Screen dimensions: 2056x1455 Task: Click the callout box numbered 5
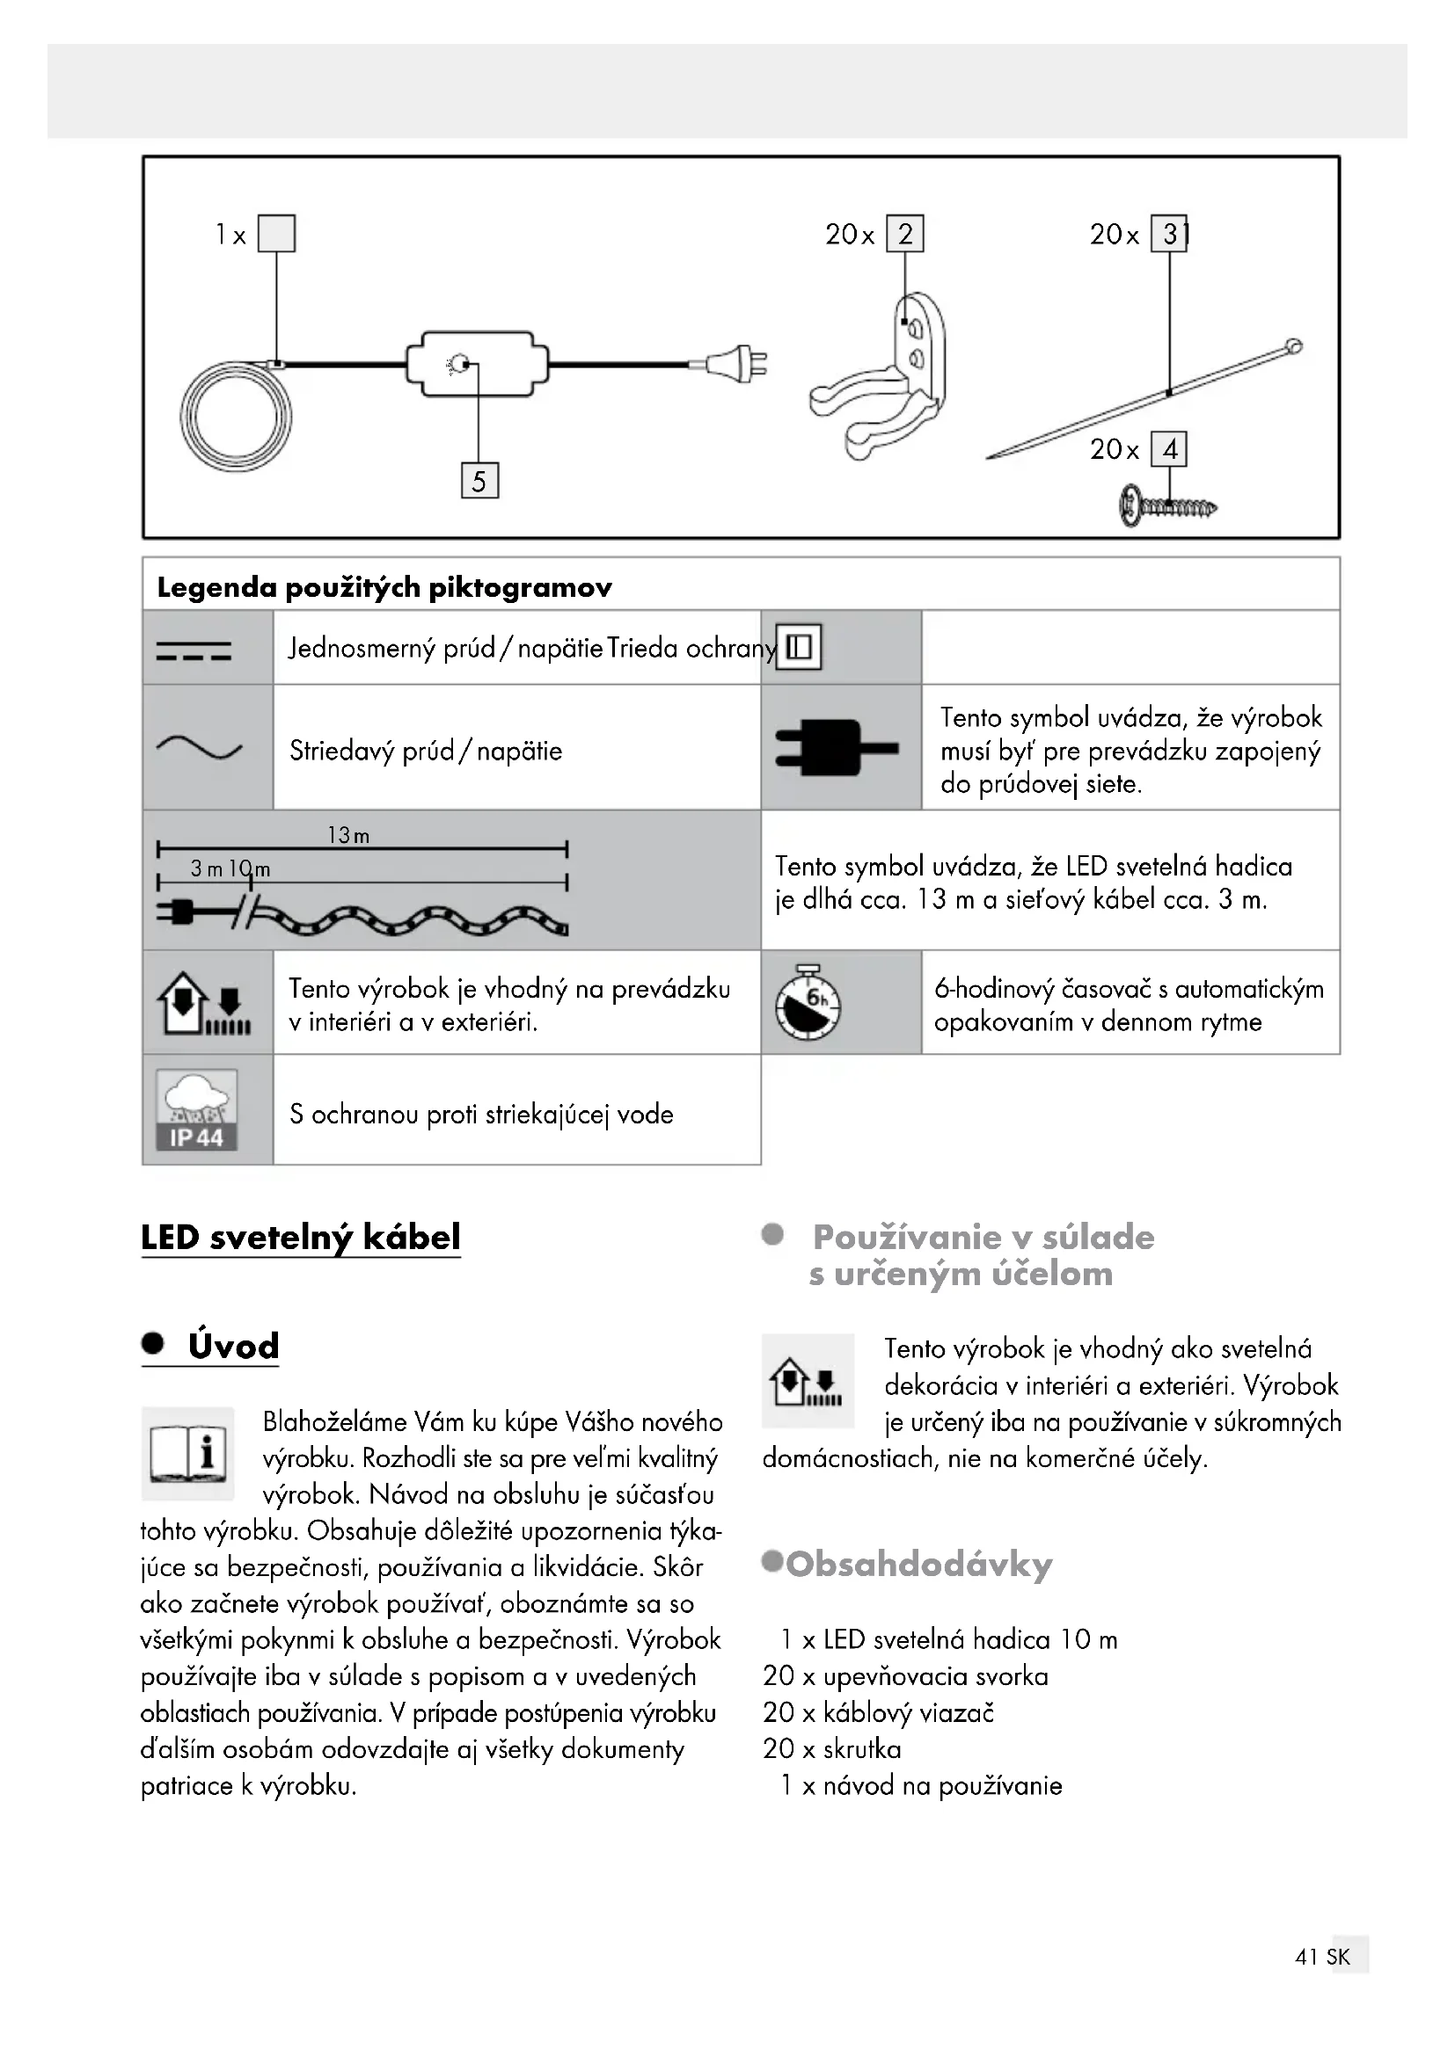click(x=479, y=481)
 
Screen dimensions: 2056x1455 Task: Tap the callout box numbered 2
click(x=905, y=234)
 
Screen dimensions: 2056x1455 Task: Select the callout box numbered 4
click(x=1169, y=448)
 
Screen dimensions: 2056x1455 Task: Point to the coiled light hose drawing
click(x=236, y=417)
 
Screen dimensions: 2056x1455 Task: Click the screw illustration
click(x=1167, y=508)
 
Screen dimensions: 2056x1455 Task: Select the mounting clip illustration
click(x=882, y=381)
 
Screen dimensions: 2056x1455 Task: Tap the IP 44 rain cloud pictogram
click(x=197, y=1109)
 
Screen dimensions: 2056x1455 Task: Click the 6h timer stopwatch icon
click(x=808, y=1002)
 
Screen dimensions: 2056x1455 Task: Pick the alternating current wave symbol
click(x=199, y=748)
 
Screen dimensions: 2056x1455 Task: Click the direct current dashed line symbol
click(x=194, y=651)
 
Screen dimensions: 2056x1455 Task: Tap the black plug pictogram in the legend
click(x=835, y=747)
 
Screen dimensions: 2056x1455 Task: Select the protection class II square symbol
click(x=798, y=647)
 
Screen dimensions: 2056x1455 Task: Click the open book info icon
click(x=187, y=1452)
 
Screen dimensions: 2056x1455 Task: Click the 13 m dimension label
click(x=348, y=835)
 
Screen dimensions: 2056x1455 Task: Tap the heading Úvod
click(x=233, y=1346)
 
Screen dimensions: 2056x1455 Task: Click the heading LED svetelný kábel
click(x=300, y=1237)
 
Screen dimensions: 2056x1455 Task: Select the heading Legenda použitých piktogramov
click(x=384, y=587)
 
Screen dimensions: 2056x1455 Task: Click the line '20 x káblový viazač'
click(x=878, y=1712)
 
